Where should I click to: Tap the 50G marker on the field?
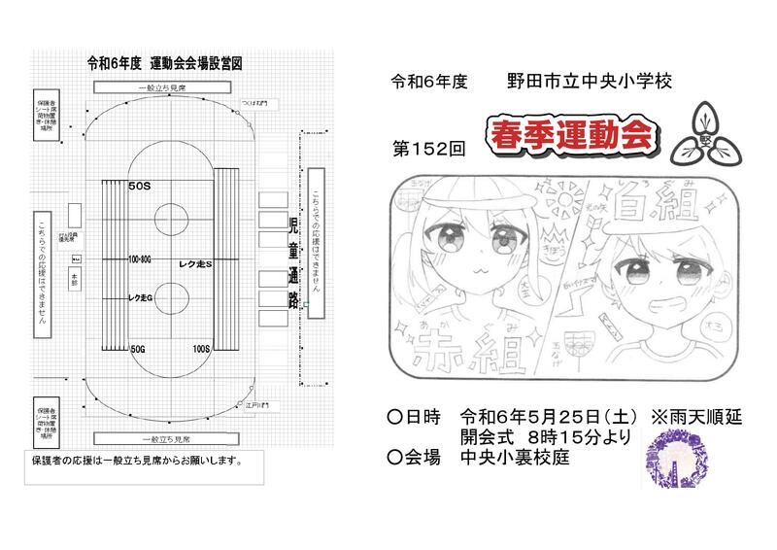[x=139, y=347]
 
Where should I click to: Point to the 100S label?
[x=202, y=347]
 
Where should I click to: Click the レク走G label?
[x=143, y=297]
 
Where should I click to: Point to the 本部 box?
[x=75, y=279]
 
